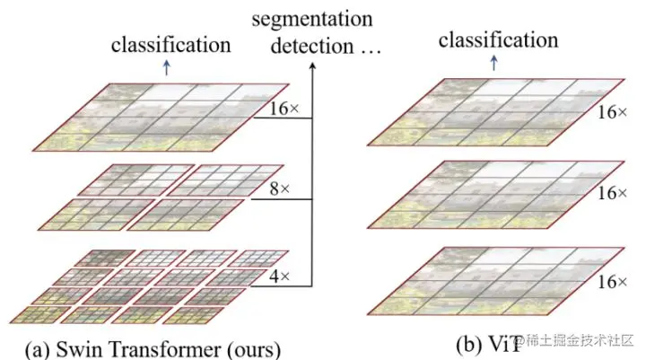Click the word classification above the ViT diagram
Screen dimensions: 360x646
[497, 40]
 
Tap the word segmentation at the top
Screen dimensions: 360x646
[311, 18]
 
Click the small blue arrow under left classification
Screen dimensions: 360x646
[166, 66]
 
